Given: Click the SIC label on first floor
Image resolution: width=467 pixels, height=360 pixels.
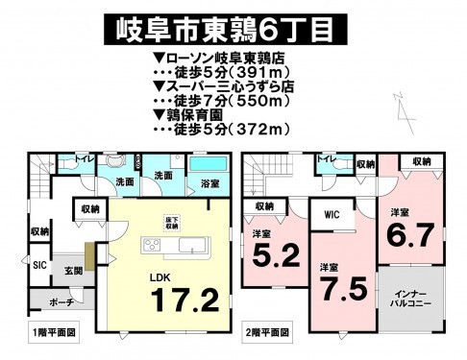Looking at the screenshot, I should point(40,263).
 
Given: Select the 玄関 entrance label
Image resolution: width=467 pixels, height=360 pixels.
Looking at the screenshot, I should point(61,270).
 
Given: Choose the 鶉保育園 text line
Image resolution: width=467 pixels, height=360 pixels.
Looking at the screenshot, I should point(199,112).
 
